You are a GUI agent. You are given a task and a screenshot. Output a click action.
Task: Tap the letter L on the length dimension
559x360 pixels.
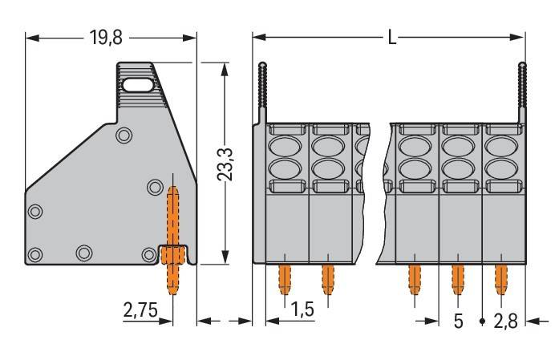pos(392,38)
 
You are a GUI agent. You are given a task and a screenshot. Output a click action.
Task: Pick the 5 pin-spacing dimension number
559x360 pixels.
pos(459,322)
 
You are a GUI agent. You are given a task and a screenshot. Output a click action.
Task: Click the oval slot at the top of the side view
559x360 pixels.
pos(137,83)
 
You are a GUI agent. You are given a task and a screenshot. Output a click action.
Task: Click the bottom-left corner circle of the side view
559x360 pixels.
pos(34,255)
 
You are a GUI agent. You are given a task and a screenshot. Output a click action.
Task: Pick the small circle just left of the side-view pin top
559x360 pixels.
pos(155,188)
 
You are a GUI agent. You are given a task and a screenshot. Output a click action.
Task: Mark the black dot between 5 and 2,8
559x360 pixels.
pos(481,322)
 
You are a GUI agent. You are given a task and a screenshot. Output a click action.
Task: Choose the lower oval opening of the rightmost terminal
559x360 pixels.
pos(500,169)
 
